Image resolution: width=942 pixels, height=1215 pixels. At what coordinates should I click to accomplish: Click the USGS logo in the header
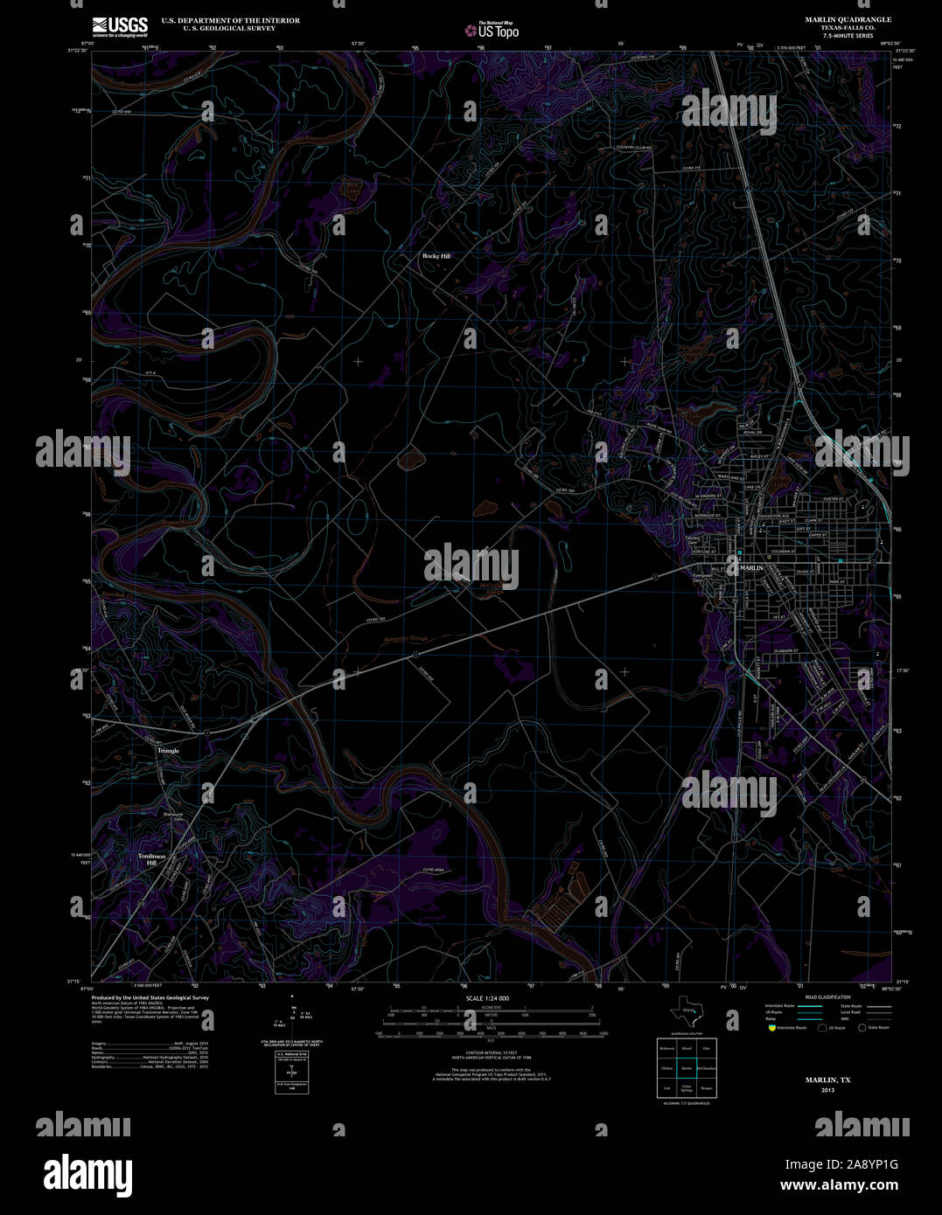120,26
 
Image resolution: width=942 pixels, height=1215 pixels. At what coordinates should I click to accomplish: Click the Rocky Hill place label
436,256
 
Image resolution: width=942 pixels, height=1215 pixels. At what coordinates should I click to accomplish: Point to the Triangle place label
168,751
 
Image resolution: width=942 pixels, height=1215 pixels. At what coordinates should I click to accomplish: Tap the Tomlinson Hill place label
151,859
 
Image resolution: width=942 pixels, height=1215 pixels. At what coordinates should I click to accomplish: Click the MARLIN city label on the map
751,568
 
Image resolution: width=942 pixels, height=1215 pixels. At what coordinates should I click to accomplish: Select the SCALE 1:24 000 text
488,998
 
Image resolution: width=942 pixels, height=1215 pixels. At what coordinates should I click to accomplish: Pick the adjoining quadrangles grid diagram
687,1067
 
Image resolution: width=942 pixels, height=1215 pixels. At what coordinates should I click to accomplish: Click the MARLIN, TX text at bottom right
827,1080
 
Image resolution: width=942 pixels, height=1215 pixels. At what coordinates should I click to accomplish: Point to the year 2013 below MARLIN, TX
827,1090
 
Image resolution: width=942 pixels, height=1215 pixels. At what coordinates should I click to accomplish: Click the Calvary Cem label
693,541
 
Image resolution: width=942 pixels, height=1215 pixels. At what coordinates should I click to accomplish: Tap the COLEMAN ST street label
783,552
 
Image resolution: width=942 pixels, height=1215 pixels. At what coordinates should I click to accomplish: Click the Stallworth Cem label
173,816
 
